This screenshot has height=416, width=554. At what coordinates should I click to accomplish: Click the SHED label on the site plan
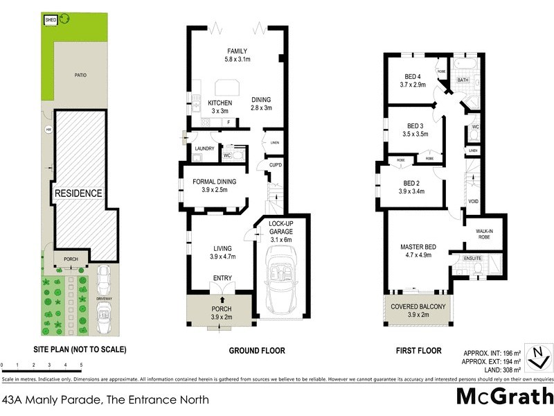(51, 21)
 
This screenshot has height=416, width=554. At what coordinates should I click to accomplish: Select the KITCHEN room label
(220, 103)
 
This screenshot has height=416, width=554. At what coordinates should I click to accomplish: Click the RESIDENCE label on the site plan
(79, 193)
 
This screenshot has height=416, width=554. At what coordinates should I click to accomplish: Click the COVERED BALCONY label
(419, 306)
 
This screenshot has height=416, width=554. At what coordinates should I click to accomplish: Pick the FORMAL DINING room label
(215, 182)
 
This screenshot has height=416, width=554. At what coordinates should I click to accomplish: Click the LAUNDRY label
(204, 148)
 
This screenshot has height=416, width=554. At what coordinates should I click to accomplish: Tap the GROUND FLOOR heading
(257, 351)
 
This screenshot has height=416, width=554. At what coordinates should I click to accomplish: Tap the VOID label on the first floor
(474, 201)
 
